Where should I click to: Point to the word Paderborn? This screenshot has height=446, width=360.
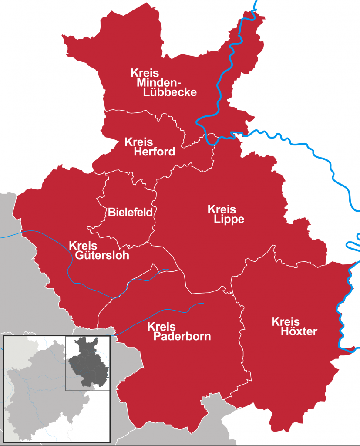(179, 337)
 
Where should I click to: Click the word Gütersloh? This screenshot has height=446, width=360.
(102, 256)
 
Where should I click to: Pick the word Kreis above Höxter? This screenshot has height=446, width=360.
(286, 321)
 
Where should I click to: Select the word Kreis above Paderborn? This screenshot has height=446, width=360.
(161, 327)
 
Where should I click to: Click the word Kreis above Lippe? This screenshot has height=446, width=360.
(222, 209)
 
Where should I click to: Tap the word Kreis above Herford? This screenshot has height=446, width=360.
(138, 142)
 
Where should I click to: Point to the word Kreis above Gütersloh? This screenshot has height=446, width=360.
(83, 246)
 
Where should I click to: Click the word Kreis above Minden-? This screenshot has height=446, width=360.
(145, 73)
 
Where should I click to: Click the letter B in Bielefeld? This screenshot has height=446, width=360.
(110, 213)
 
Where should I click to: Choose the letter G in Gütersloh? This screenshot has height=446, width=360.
(79, 256)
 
